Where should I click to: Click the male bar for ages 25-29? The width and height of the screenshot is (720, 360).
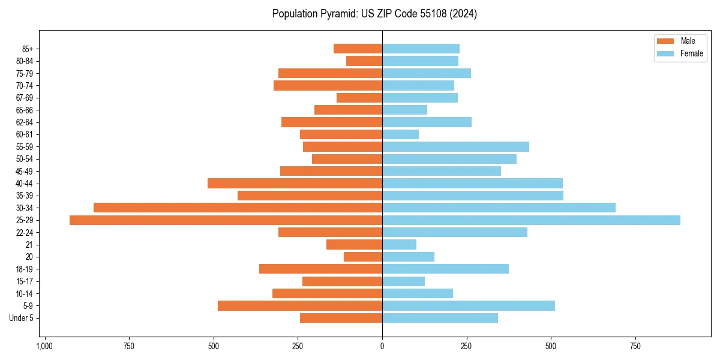pos(226,220)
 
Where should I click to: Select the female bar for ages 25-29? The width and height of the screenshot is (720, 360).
pos(531,220)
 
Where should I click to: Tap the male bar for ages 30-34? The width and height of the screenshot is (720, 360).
pos(238,208)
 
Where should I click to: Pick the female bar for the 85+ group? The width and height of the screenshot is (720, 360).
pos(421,49)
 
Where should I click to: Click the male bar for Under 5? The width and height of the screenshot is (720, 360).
pos(341,318)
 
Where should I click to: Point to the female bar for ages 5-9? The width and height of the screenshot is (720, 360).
pos(468,306)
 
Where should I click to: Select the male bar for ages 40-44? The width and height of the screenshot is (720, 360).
pos(295,183)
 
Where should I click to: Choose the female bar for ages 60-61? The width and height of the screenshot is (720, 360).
pos(400,134)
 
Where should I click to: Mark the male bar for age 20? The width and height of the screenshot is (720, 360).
pos(363,257)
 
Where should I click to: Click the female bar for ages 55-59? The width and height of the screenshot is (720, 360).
pos(455,146)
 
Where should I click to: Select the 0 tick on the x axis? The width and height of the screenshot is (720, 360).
pos(382,346)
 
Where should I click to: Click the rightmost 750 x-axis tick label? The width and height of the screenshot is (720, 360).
pos(635,346)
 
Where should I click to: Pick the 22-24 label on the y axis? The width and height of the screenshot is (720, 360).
pos(25,233)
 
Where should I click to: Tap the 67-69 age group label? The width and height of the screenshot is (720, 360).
pos(25,98)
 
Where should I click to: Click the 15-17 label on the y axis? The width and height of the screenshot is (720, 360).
pos(25,281)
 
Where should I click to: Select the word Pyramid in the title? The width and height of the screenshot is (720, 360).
pos(338,14)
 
